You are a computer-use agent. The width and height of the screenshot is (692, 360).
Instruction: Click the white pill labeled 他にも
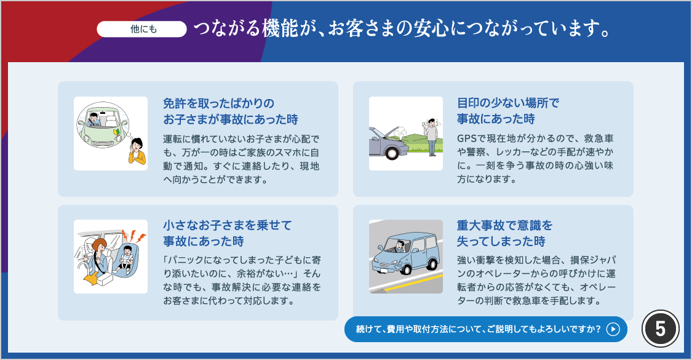click(141, 29)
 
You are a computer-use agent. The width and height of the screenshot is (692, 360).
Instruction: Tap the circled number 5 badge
click(660, 329)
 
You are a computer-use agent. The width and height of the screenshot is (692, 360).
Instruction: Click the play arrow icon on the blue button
click(613, 329)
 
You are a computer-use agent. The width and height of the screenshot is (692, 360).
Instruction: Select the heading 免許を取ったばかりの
click(219, 103)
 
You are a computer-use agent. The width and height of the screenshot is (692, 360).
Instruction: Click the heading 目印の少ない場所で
click(508, 103)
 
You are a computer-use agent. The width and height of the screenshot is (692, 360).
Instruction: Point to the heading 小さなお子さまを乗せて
click(227, 225)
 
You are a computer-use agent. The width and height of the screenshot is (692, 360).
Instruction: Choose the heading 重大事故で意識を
click(504, 225)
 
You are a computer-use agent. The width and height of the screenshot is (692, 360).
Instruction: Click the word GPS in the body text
click(467, 138)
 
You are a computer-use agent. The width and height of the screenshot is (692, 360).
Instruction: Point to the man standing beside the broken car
click(432, 137)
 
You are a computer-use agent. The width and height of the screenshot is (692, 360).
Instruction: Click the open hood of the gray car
click(384, 132)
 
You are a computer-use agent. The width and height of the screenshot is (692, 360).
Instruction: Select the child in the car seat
click(125, 258)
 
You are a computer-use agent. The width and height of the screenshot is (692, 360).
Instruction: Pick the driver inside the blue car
click(400, 245)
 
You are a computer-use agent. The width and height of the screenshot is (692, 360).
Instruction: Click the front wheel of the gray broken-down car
click(391, 153)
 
